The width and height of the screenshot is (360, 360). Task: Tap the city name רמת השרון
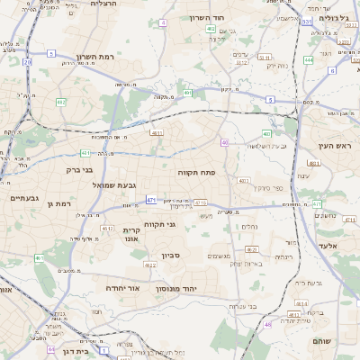click(94, 56)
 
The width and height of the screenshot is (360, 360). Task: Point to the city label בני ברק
click(81, 169)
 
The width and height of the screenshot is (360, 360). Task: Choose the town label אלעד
click(327, 245)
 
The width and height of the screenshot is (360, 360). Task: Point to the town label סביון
click(171, 256)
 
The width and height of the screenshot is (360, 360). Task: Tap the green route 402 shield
click(211, 29)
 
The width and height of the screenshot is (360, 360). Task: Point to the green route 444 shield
click(309, 59)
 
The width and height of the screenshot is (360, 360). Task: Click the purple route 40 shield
click(224, 143)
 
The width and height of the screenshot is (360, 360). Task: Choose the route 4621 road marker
click(253, 249)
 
